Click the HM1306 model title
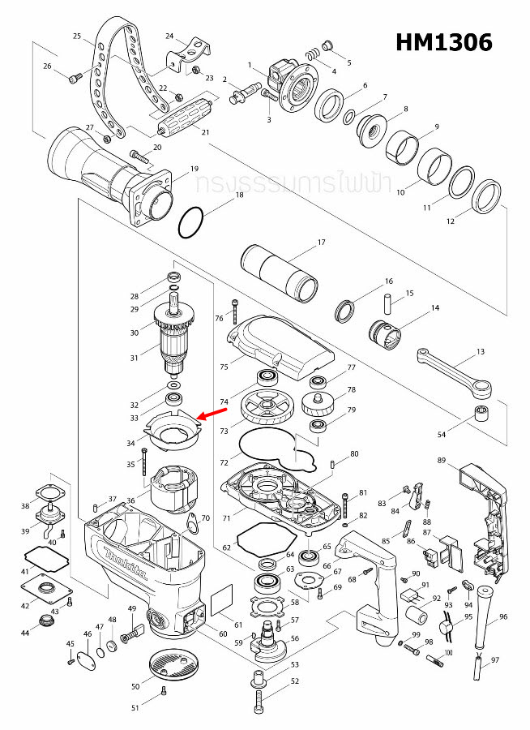pyautogui.click(x=444, y=42)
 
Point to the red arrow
pyautogui.click(x=212, y=414)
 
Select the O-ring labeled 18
pyautogui.click(x=192, y=221)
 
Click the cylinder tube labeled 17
pyautogui.click(x=281, y=272)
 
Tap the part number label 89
pyautogui.click(x=442, y=460)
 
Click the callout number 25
pyautogui.click(x=77, y=36)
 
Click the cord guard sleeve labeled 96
pyautogui.click(x=485, y=610)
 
